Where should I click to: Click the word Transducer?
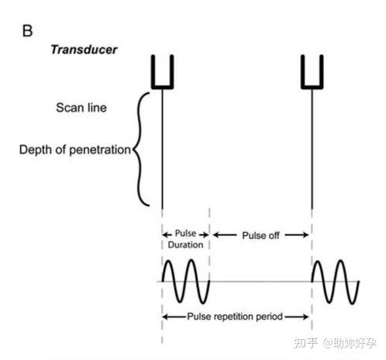(x=83, y=49)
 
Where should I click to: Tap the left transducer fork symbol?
(x=162, y=73)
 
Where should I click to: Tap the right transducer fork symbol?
(x=311, y=73)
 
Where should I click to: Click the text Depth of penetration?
(x=74, y=149)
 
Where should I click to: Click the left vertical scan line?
(x=162, y=147)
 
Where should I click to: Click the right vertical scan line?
(x=311, y=147)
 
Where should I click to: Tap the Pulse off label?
(x=260, y=234)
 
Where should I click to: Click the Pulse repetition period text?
(x=236, y=317)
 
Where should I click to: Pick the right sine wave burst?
(x=335, y=280)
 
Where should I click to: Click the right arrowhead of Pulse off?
(x=307, y=234)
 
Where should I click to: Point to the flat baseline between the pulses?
(x=260, y=280)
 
